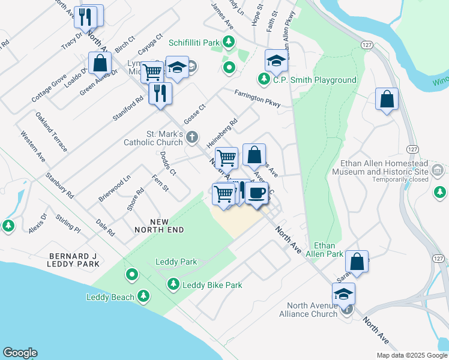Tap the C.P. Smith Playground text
(x=315, y=80)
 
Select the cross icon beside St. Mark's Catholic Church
(x=192, y=138)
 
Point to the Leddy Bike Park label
(x=212, y=285)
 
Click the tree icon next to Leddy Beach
(x=143, y=295)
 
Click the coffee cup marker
(x=257, y=193)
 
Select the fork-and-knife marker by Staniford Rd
(x=160, y=94)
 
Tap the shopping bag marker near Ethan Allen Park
(x=357, y=262)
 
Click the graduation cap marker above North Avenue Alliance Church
(x=343, y=294)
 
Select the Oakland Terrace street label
(x=51, y=131)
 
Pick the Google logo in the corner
(x=20, y=353)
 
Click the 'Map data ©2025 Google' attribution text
(x=411, y=355)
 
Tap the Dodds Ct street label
(x=168, y=163)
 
